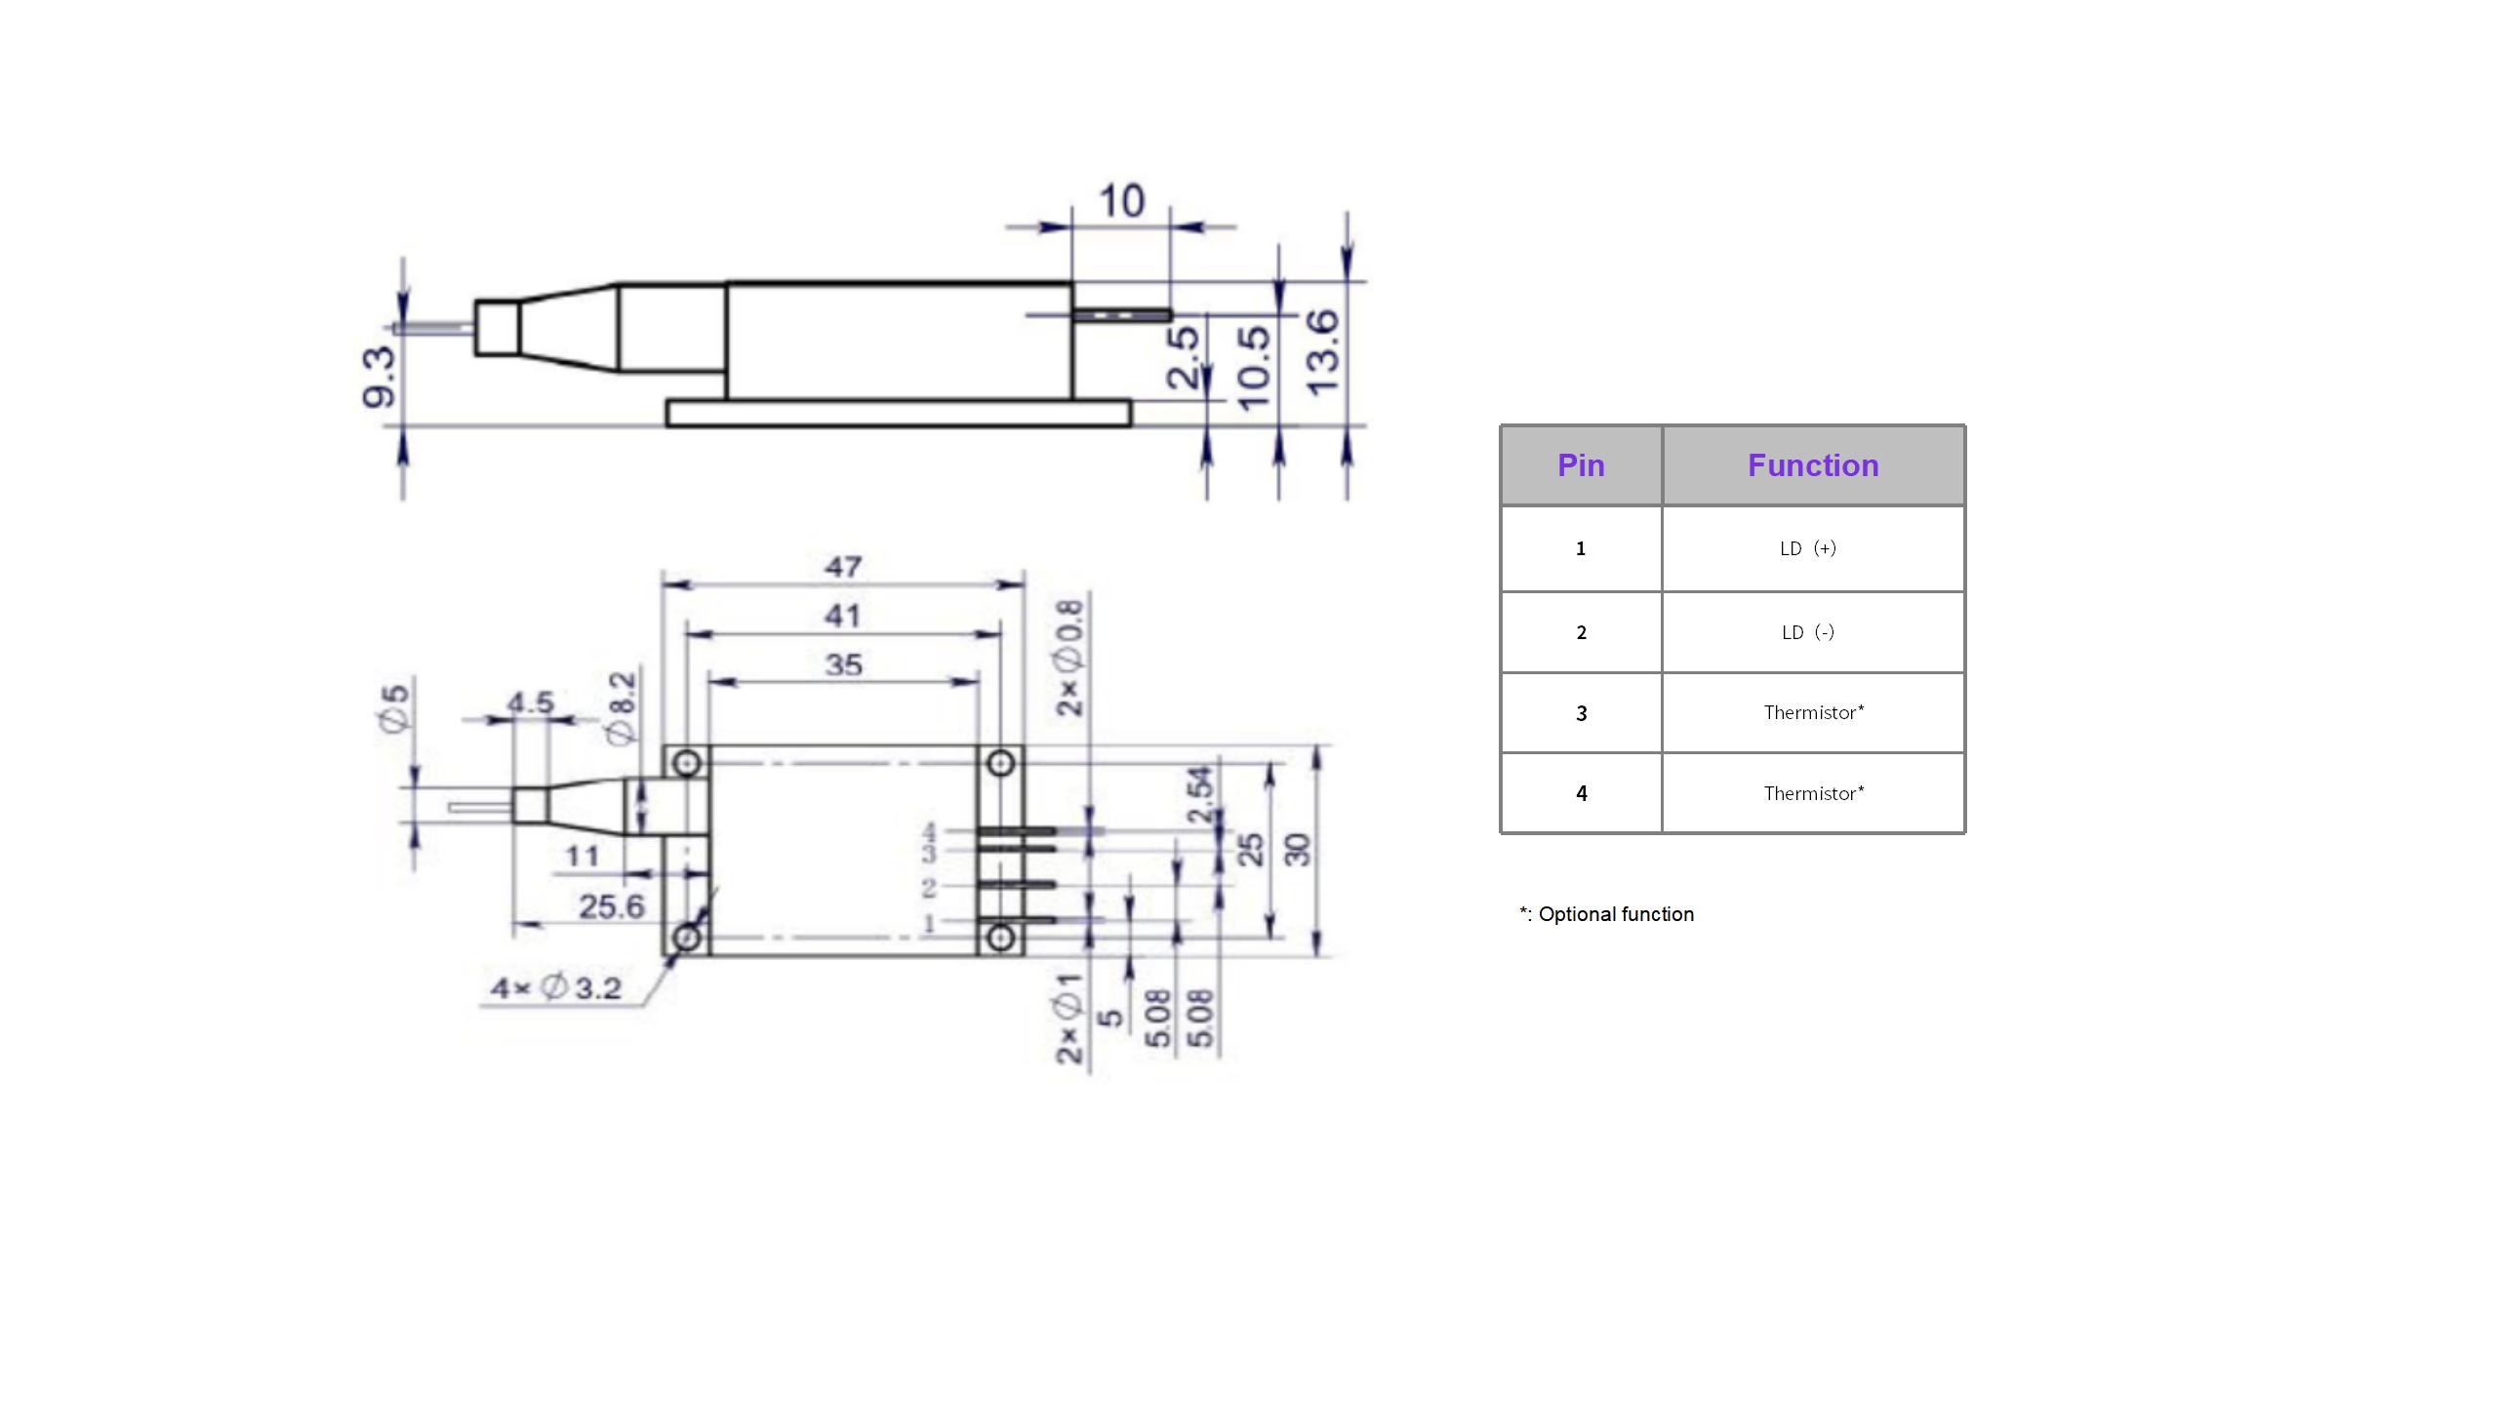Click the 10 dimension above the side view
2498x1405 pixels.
click(x=1121, y=202)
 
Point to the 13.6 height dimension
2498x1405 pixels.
click(x=1324, y=352)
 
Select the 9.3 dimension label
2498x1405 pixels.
click(x=380, y=377)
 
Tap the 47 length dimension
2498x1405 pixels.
click(x=843, y=567)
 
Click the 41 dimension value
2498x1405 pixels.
click(x=842, y=617)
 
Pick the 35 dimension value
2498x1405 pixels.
click(x=843, y=665)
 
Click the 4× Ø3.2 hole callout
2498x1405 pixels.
click(x=556, y=988)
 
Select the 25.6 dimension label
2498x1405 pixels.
click(x=612, y=907)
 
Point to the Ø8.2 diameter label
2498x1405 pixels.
click(x=622, y=708)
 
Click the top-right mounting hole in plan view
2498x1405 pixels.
click(x=1000, y=763)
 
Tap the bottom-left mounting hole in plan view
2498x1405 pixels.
click(x=687, y=938)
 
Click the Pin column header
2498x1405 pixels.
click(x=1581, y=465)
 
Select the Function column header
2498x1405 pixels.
click(x=1813, y=465)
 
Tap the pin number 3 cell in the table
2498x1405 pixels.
click(x=1581, y=713)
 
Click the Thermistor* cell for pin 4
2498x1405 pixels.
click(x=1813, y=793)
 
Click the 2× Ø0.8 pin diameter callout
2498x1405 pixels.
click(x=1070, y=659)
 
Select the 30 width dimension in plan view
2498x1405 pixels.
click(x=1298, y=849)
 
